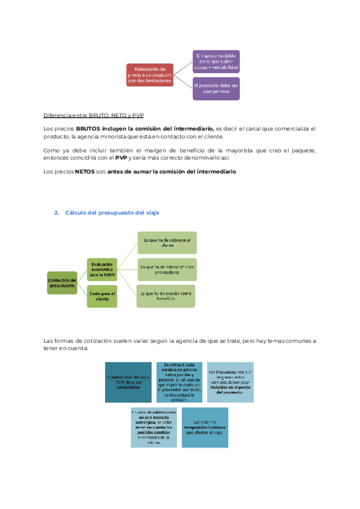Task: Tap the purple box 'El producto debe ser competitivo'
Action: tap(216, 88)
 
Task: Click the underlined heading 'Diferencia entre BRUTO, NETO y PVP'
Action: tap(94, 115)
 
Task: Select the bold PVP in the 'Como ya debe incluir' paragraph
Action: tap(121, 157)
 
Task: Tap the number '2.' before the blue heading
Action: tap(56, 213)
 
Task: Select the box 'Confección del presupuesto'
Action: tap(62, 282)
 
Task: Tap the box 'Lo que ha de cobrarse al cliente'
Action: tap(167, 243)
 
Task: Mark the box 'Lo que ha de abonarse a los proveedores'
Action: tap(167, 270)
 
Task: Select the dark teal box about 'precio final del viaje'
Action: tap(128, 382)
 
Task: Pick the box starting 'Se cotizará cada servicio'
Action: tap(179, 382)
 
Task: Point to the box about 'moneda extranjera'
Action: tap(154, 427)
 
